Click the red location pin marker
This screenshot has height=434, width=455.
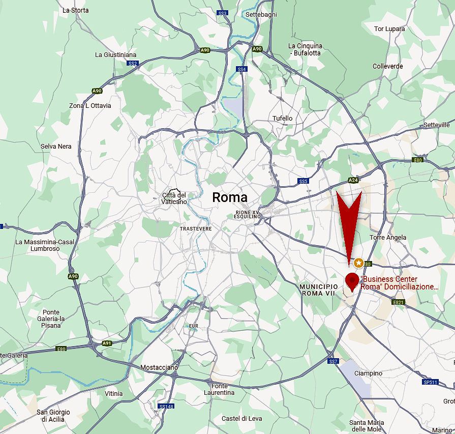(352, 281)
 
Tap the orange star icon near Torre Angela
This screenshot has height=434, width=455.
(359, 263)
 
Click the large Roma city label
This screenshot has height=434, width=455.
(230, 197)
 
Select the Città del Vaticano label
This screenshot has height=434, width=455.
(174, 198)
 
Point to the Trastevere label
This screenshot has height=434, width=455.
(195, 229)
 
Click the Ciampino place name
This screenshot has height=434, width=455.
(368, 373)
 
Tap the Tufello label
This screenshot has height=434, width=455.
(283, 118)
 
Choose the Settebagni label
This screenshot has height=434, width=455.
(261, 15)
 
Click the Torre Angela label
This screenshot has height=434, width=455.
(388, 237)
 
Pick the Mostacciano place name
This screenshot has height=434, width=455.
(159, 367)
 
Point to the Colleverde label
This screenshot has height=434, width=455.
(387, 66)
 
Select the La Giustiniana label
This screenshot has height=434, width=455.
(116, 54)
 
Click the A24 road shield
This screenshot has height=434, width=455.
(353, 180)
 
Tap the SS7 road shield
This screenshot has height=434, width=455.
(333, 361)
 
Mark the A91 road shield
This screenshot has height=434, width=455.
(107, 343)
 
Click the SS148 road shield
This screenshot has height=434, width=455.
(166, 407)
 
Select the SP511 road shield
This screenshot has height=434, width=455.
(430, 382)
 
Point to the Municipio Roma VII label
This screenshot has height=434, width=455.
(319, 291)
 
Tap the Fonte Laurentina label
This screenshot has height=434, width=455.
(219, 389)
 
